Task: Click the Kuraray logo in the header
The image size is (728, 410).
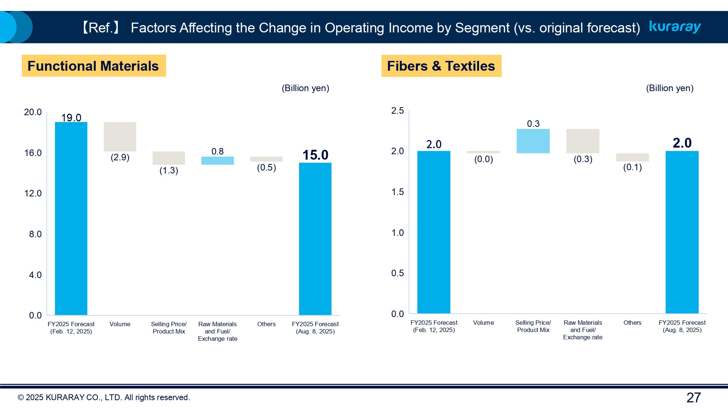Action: tap(675, 27)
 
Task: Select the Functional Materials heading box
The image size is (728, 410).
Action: tap(94, 66)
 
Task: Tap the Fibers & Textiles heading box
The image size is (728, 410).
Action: tap(441, 66)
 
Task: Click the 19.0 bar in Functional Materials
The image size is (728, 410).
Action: tap(71, 219)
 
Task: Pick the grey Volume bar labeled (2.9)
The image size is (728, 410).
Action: tap(120, 137)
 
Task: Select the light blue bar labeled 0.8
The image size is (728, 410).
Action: tap(217, 161)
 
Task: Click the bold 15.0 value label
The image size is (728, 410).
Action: tap(315, 155)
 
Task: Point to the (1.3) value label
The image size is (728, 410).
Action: tap(169, 171)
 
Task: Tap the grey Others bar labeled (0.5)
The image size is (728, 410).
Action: tap(266, 159)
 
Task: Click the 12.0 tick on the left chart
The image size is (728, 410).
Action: tap(33, 194)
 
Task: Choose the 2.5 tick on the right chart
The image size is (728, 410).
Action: tap(397, 111)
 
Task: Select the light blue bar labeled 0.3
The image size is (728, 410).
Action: tap(533, 141)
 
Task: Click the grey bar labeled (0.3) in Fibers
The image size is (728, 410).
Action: tap(583, 141)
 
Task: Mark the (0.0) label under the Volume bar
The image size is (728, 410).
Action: tap(483, 159)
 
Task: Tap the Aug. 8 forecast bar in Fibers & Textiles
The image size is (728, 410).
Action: tap(682, 232)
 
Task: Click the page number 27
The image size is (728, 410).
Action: tap(693, 398)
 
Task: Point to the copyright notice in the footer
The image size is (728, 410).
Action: tap(104, 398)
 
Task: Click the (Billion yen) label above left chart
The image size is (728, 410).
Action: tap(305, 88)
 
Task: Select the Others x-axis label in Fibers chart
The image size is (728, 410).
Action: tap(632, 323)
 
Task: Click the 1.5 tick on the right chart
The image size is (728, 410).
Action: tap(397, 192)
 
